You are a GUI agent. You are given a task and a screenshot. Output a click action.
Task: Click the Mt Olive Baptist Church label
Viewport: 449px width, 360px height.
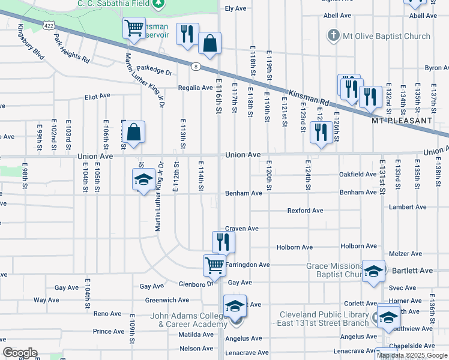387,36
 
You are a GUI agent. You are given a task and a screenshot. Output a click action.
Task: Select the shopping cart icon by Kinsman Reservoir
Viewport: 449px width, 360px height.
134,28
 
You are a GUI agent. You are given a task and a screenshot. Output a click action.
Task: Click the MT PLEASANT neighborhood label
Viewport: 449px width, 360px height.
402,120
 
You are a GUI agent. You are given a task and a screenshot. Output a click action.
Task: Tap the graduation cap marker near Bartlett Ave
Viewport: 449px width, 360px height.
373,271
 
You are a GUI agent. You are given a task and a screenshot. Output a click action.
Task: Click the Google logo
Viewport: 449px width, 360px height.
20,352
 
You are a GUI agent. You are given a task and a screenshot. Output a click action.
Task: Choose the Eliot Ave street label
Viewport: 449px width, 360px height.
98,95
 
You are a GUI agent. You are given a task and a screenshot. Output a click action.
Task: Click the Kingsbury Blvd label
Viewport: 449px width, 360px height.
31,41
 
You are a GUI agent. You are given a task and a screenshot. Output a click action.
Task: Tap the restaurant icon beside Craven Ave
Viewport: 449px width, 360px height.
222,241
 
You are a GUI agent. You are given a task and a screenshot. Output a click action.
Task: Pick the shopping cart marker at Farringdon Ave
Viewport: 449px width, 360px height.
214,265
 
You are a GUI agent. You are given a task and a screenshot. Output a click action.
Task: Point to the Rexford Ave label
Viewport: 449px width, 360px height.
305,211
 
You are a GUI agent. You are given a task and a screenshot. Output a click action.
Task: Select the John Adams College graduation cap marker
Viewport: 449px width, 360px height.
235,305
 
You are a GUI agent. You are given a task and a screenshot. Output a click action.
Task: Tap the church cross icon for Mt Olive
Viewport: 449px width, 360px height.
333,35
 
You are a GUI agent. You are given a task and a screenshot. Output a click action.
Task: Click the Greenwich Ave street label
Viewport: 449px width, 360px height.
167,300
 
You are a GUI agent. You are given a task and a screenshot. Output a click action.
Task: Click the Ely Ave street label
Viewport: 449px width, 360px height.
236,8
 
